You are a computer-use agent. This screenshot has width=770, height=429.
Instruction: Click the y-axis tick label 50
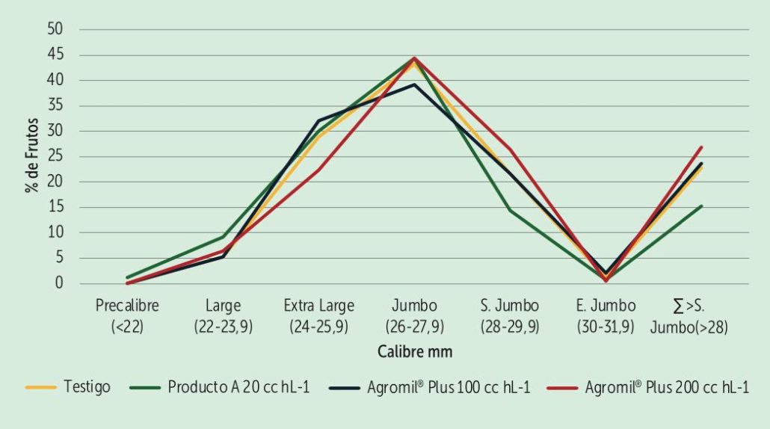[56, 29]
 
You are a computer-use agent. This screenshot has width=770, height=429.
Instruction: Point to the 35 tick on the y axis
[56, 105]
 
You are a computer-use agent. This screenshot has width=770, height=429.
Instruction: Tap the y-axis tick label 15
[56, 207]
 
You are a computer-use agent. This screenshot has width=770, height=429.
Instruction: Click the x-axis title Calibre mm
[415, 351]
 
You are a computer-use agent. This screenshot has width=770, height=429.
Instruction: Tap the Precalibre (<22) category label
[127, 315]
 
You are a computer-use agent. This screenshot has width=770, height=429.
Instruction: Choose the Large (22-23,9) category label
[223, 315]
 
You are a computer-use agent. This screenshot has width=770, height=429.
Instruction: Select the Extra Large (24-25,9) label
[318, 315]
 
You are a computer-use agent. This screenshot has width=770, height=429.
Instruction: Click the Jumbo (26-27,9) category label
[414, 315]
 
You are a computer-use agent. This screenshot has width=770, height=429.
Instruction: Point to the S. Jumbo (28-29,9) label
[510, 315]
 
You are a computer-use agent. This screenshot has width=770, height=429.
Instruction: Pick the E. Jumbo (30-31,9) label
[606, 315]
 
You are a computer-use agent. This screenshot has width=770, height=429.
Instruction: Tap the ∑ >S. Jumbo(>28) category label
[701, 315]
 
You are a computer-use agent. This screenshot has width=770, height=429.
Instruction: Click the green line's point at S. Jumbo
[510, 210]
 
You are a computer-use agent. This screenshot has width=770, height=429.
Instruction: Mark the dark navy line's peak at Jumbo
[414, 84]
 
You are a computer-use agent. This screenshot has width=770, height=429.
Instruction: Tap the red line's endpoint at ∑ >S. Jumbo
[701, 147]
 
